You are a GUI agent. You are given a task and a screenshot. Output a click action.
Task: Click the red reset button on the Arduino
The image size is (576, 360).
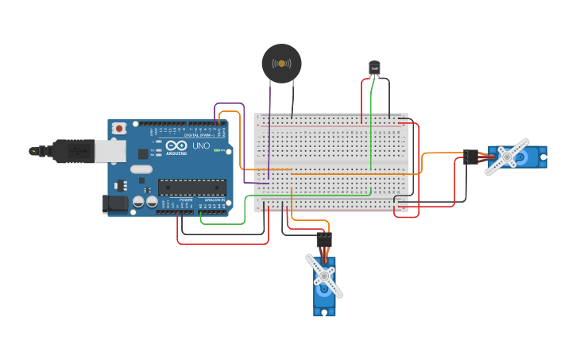click(119, 128)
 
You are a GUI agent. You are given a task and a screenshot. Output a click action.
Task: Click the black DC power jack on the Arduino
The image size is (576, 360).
click(115, 204)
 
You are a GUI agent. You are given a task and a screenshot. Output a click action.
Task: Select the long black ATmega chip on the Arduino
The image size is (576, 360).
click(191, 188)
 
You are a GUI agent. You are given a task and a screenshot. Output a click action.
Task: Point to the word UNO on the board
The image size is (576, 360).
click(202, 145)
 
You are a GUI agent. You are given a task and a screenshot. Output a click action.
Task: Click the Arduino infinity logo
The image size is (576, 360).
click(176, 146)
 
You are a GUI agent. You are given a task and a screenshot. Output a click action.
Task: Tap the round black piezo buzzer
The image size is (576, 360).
click(281, 64)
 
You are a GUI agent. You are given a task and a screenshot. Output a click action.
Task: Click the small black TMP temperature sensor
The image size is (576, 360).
click(374, 69)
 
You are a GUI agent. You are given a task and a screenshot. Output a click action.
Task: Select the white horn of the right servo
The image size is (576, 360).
click(507, 157)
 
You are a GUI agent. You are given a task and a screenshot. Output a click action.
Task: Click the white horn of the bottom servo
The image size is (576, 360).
click(324, 276)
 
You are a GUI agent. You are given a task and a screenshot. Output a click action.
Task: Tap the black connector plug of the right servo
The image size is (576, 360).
click(470, 157)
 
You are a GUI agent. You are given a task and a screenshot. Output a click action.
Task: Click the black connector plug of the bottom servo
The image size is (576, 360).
click(324, 239)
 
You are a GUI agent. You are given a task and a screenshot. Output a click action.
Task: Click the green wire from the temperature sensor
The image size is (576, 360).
click(370, 127)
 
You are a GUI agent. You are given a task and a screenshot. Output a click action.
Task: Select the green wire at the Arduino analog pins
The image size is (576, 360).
click(222, 223)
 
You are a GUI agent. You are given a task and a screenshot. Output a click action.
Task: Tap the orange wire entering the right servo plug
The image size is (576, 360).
click(441, 153)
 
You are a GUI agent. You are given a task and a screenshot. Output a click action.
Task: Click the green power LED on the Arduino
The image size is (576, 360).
click(216, 149)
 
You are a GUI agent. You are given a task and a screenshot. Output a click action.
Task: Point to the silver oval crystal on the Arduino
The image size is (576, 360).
click(141, 168)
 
